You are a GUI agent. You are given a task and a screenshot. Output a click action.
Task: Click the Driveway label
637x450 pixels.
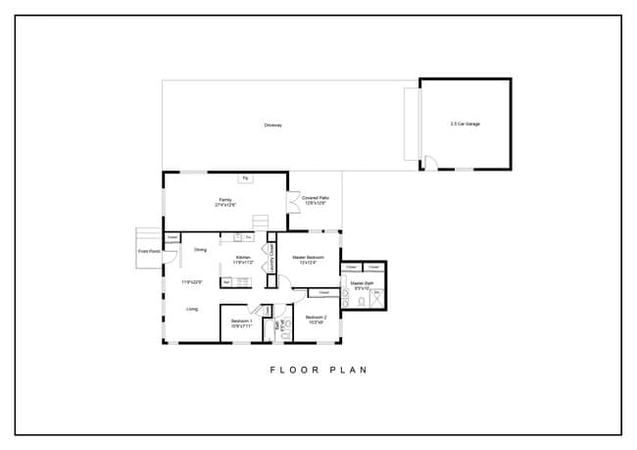[272, 125]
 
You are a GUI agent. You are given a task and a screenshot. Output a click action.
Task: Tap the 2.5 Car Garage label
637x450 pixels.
[465, 124]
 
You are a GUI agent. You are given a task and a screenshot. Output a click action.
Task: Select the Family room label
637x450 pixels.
[226, 202]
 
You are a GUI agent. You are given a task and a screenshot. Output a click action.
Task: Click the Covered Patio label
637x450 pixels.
[316, 200]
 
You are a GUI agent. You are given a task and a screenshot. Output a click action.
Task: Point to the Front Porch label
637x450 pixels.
[148, 251]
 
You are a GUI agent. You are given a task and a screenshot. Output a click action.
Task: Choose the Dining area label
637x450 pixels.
[200, 249]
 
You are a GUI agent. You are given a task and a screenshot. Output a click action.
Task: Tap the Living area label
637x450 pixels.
[192, 309]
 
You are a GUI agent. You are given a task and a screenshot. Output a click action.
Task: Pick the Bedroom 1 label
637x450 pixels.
[241, 323]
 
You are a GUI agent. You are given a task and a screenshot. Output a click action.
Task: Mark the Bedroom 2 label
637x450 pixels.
[315, 319]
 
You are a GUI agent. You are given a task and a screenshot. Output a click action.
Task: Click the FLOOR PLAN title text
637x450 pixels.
[318, 371]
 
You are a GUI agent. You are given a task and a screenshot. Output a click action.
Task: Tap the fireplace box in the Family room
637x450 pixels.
[245, 178]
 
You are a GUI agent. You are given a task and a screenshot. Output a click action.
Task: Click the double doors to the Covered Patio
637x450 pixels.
[291, 204]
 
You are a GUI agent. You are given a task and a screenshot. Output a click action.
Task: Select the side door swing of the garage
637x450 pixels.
[428, 164]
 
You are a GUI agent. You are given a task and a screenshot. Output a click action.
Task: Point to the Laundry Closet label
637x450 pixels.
[271, 257]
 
